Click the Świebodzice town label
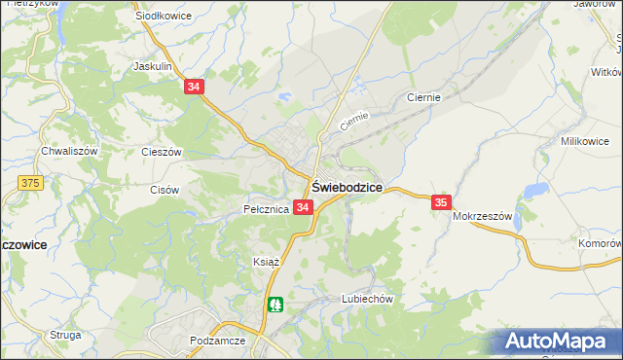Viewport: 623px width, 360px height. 346,187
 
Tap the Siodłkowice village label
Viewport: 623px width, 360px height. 163,17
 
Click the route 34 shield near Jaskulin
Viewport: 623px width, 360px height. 194,87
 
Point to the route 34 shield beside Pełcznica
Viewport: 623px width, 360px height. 303,208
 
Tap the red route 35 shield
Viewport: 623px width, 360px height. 441,202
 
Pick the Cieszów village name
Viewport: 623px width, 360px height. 162,153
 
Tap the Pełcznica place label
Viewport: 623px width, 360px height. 265,209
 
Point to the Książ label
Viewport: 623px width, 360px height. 267,263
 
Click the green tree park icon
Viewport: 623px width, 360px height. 277,306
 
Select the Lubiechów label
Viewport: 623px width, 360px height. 366,300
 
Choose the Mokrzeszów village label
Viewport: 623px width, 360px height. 482,217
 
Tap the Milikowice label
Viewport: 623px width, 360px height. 584,141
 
